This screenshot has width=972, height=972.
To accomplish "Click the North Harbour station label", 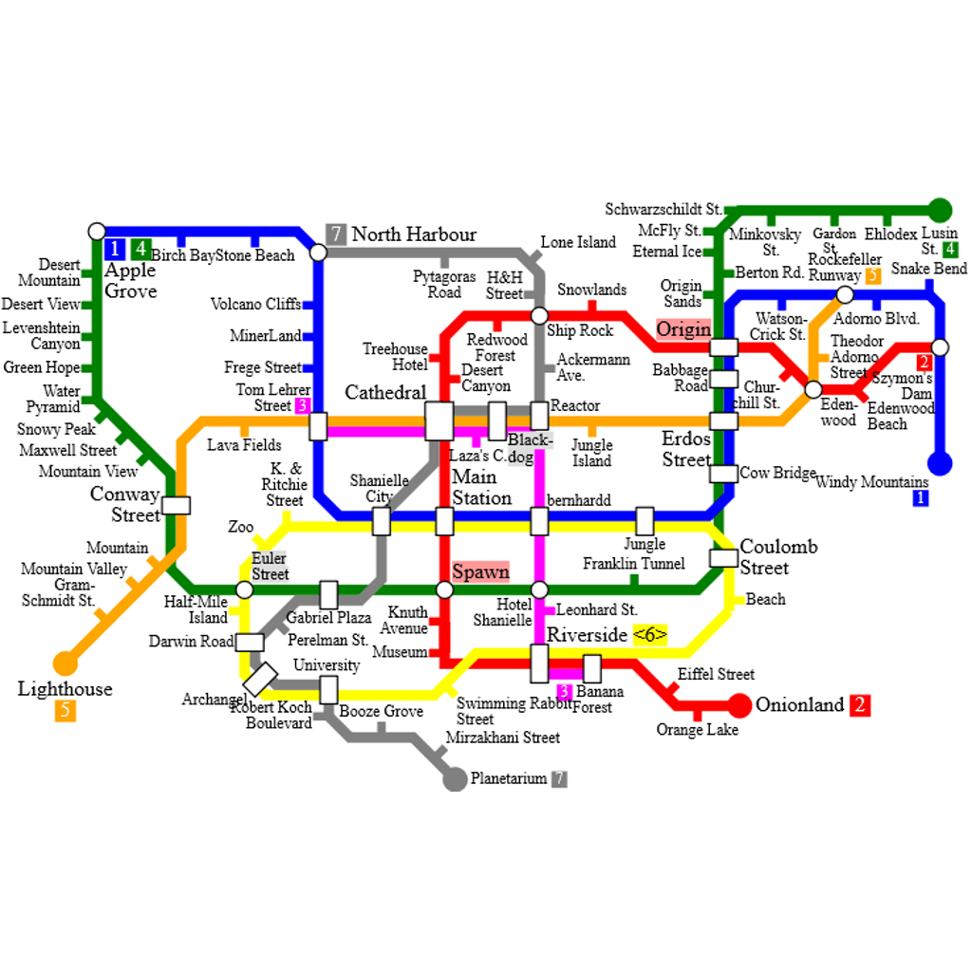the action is (x=414, y=234).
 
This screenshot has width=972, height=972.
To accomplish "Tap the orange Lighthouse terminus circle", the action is (x=65, y=663).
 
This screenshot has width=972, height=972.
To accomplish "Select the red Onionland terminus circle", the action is (x=739, y=705).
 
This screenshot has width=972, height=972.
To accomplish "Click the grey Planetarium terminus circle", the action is (x=456, y=779).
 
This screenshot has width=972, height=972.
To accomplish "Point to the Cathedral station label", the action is (x=385, y=393).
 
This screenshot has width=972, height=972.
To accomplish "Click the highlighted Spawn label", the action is (x=480, y=572).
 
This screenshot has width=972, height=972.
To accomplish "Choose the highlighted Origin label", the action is (x=683, y=329).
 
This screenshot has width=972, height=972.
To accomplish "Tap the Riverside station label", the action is (x=588, y=634).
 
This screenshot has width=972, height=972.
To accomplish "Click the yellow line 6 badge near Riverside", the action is (x=650, y=635).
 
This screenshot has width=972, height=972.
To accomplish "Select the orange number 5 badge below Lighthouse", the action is (x=65, y=710).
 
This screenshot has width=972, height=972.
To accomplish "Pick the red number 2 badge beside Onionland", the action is (x=860, y=705).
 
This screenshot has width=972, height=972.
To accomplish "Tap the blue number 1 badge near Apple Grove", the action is (x=114, y=249).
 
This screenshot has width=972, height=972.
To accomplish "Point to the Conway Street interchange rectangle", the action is (x=177, y=505).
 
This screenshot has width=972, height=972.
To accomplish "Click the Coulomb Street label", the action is (x=777, y=557).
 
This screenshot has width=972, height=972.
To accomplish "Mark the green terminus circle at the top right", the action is (x=940, y=210).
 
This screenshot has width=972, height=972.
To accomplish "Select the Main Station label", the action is (x=481, y=488).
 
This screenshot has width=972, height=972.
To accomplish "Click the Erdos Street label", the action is (x=686, y=450).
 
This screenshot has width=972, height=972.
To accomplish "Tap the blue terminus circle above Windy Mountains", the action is (x=940, y=463).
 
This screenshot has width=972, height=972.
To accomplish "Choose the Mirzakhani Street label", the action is (x=503, y=738).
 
